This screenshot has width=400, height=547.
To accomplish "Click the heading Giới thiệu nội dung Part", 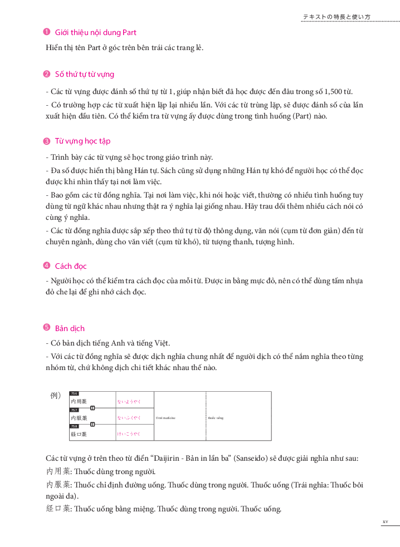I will pos(95,33).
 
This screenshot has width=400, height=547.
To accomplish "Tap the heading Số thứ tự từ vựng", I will pos(85,75).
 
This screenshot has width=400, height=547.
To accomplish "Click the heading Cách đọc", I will pos(71,266).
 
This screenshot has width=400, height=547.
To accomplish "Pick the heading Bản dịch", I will pos(70,328).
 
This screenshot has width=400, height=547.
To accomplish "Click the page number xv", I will pos(385,521).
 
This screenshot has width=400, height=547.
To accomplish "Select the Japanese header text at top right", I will pos(336,17).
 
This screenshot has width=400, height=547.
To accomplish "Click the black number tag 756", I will pos(74,394).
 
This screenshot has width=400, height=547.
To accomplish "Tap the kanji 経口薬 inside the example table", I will pos(79,433).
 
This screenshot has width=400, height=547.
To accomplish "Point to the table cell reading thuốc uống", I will pos(216,417).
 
